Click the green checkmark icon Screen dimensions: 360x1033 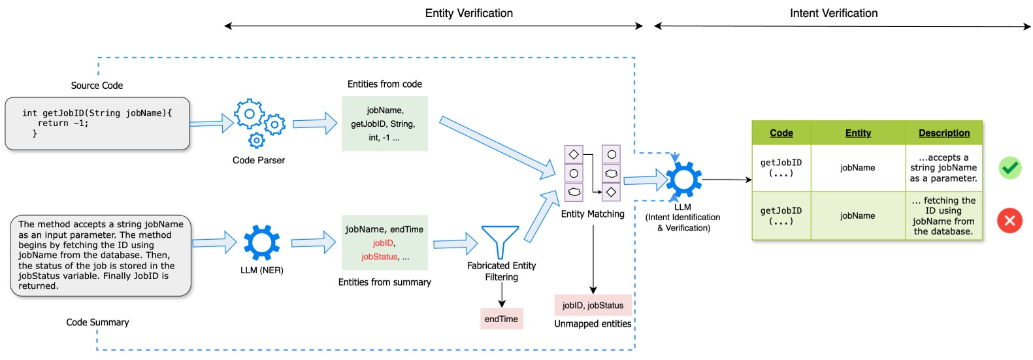[1009, 168]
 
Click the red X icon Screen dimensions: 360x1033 [1009, 220]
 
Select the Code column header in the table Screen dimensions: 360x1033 [781, 133]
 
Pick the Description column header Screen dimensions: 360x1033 [943, 133]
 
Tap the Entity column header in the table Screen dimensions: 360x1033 [857, 133]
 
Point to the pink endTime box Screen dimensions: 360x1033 [501, 319]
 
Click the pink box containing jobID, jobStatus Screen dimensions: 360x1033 [593, 305]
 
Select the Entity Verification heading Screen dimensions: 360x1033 [468, 13]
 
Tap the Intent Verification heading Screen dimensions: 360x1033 [833, 13]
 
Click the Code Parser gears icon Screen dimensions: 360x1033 [259, 123]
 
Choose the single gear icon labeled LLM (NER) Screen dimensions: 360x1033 [261, 242]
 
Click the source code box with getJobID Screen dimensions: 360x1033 [97, 123]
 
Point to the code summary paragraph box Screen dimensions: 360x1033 [101, 255]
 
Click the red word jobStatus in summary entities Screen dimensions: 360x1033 [379, 257]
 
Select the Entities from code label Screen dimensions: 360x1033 [384, 84]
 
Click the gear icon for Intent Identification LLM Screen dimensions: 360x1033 [683, 179]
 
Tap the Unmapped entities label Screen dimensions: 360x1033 [593, 323]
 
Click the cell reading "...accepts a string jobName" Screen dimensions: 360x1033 [943, 168]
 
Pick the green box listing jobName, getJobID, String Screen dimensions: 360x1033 [384, 123]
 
